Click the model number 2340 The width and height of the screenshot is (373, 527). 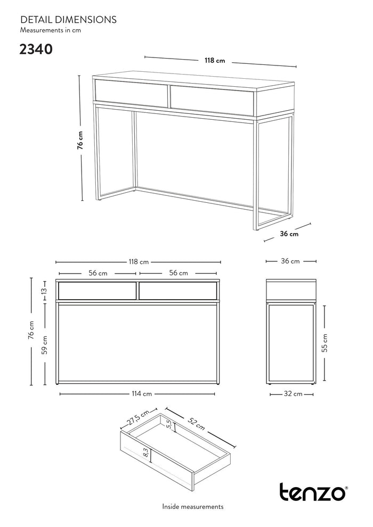pos(36,50)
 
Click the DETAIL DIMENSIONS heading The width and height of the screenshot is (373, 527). pos(68,20)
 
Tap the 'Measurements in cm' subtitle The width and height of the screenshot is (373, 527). pos(51,30)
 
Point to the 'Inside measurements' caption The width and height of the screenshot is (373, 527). pos(193,506)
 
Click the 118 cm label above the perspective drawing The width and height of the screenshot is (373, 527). pos(215,61)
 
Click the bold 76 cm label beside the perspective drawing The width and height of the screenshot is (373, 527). pos(80,140)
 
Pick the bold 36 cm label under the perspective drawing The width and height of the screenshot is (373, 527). pos(289,234)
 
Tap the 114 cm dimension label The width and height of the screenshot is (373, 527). pos(142,393)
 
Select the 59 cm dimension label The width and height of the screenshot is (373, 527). pos(44,345)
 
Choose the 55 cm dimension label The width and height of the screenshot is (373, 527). pos(325,343)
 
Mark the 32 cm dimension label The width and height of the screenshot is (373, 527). pos(293,393)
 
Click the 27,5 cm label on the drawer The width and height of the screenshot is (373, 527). pos(139,418)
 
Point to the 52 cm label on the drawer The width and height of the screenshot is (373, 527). pos(196,423)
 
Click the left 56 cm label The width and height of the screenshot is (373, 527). pos(98,273)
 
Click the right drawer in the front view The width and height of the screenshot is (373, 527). pos(177,291)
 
